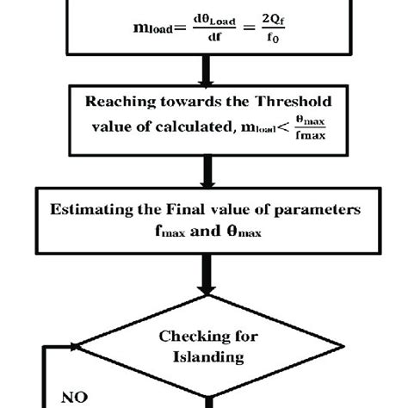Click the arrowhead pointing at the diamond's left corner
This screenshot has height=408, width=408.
(73, 347)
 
